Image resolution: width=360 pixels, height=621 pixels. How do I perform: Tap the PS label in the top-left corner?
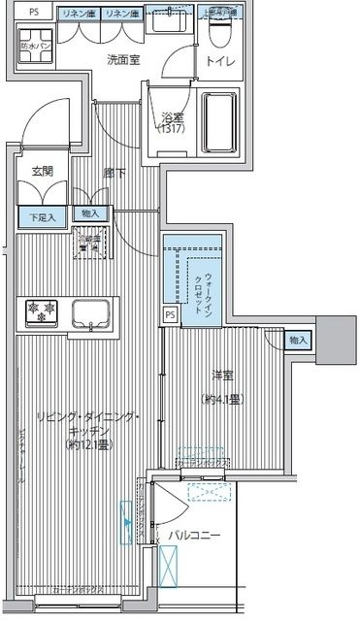(34, 12)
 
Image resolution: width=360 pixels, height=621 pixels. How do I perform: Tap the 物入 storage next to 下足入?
(89, 213)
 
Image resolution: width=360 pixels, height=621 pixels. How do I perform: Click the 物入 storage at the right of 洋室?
(299, 340)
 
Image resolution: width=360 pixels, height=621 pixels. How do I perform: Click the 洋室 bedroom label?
(225, 373)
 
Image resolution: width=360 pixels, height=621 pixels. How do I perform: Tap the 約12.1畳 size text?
(85, 445)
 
